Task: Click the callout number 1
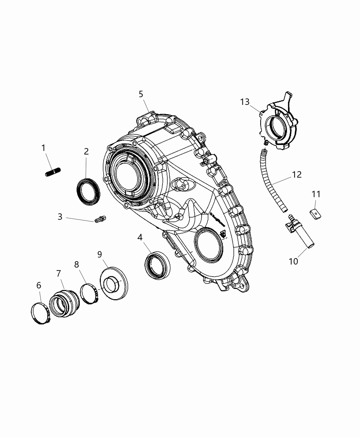pyautogui.click(x=43, y=148)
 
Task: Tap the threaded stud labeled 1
pyautogui.click(x=52, y=172)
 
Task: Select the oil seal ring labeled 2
pyautogui.click(x=88, y=192)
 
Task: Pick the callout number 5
pyautogui.click(x=141, y=94)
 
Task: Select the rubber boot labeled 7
pyautogui.click(x=64, y=302)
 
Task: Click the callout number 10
pyautogui.click(x=293, y=261)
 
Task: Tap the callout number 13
pyautogui.click(x=245, y=102)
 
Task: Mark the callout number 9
pyautogui.click(x=99, y=254)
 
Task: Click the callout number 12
pyautogui.click(x=297, y=174)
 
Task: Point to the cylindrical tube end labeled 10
pyautogui.click(x=308, y=241)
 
